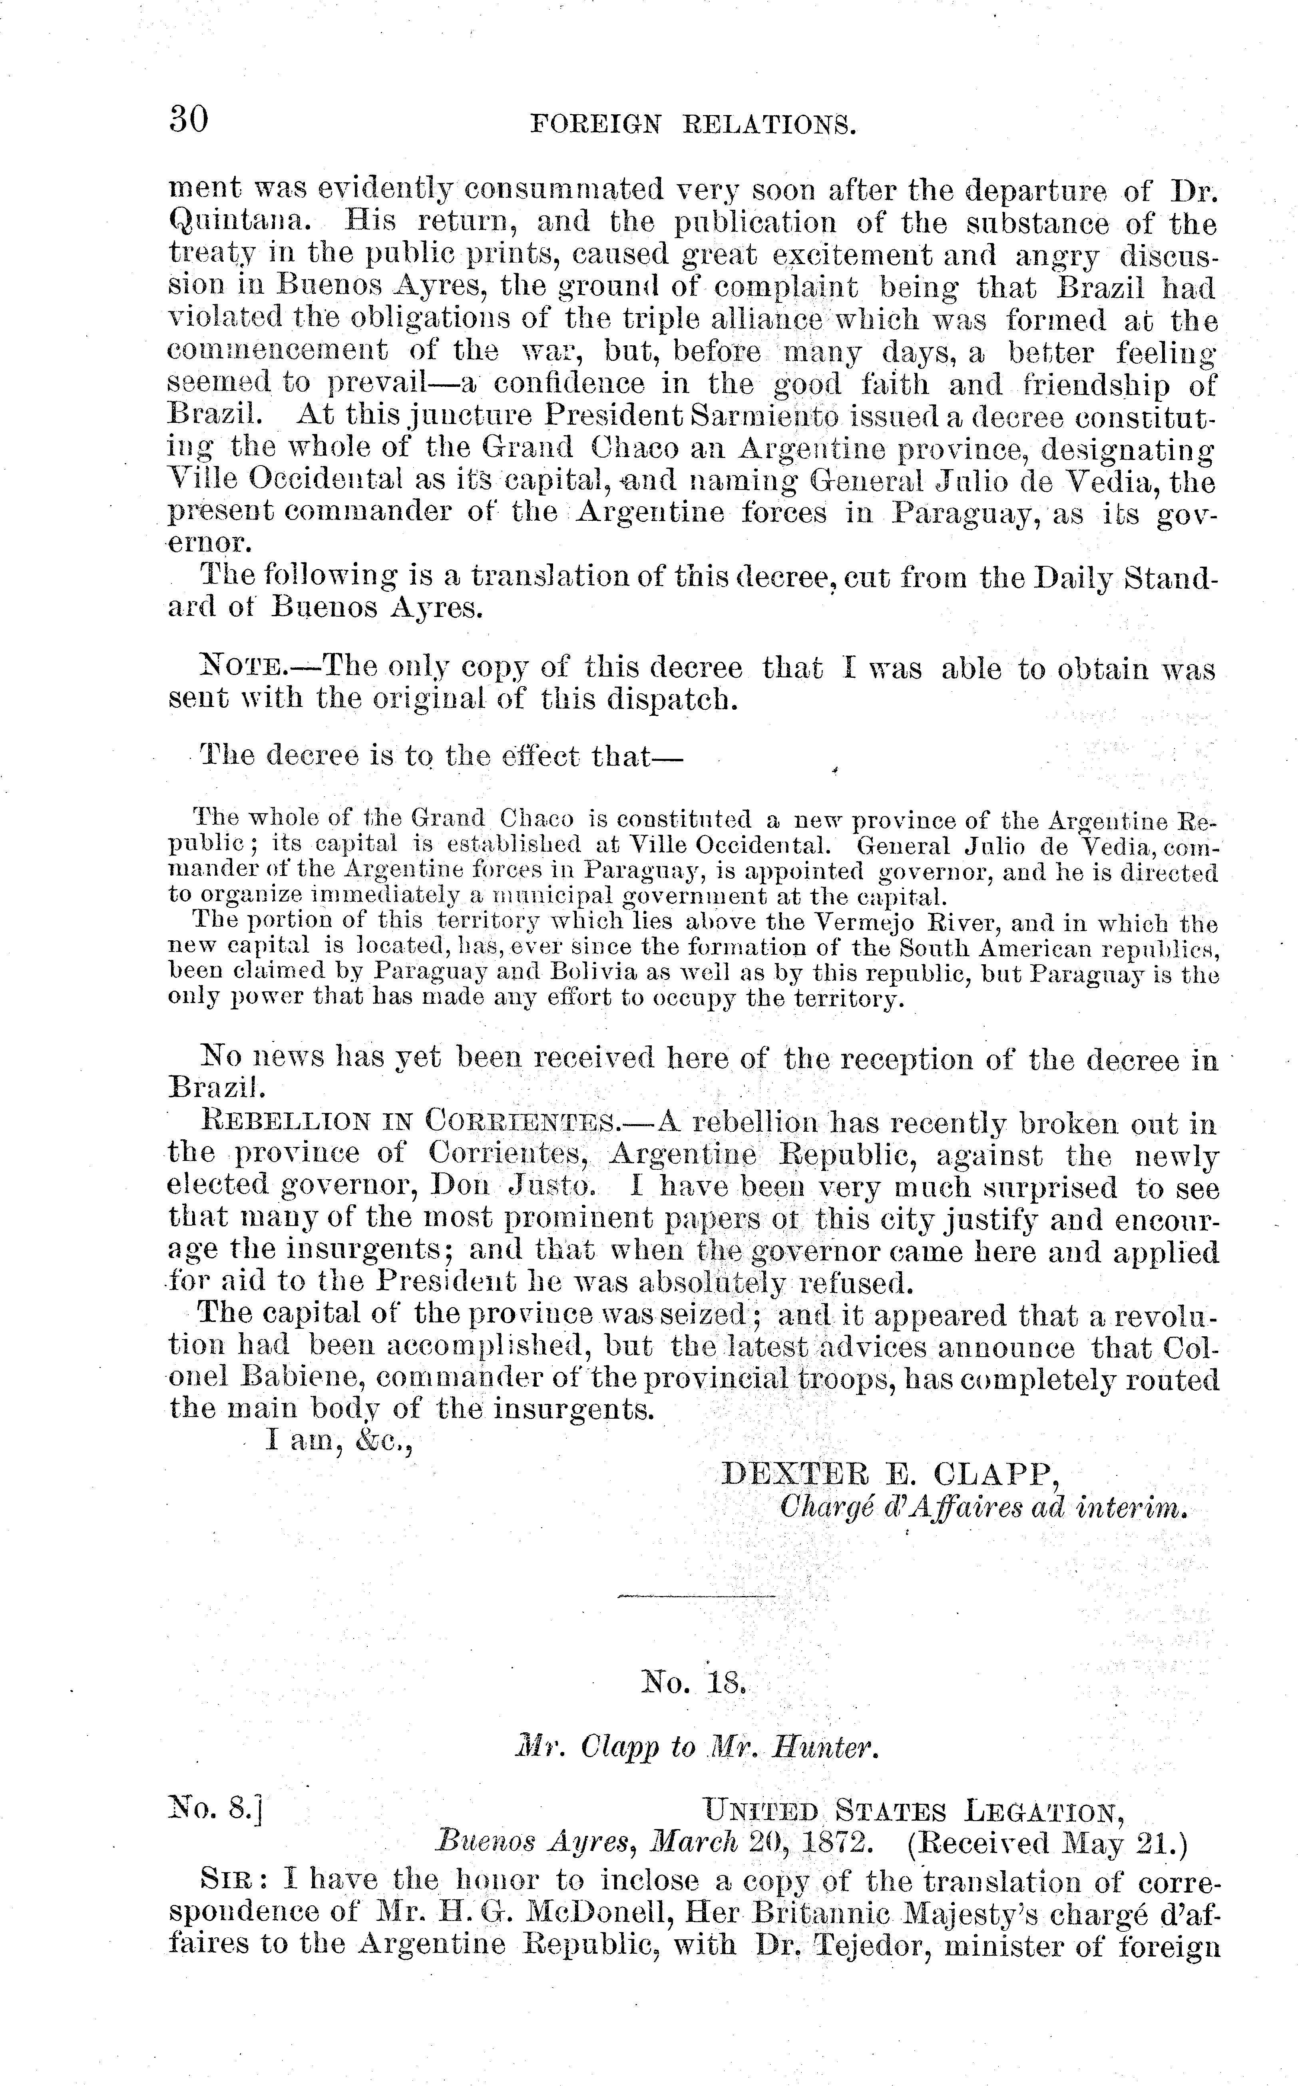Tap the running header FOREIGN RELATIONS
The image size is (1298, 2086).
pyautogui.click(x=694, y=125)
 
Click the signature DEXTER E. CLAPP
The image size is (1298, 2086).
pyautogui.click(x=890, y=1473)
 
